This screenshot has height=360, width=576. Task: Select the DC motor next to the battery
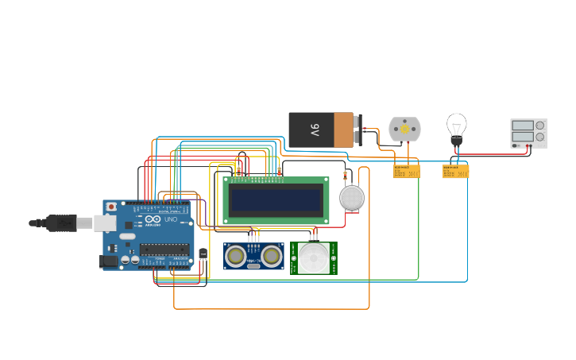[x=404, y=129]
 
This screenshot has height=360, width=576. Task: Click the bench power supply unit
[x=528, y=133]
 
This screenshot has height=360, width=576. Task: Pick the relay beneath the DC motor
[x=406, y=171]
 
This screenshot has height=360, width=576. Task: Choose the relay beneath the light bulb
[x=455, y=171]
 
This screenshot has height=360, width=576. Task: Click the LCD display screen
[x=276, y=199]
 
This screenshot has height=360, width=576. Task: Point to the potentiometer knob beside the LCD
[x=352, y=197]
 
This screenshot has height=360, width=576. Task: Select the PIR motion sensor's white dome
[x=314, y=257]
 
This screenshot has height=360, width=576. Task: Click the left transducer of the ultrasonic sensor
[x=235, y=255]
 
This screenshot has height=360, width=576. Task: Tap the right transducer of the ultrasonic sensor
[x=272, y=255]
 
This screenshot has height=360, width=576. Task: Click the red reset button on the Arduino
[x=111, y=207]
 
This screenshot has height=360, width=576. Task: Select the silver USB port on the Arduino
[x=104, y=223]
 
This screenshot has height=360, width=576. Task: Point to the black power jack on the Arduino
[x=106, y=261]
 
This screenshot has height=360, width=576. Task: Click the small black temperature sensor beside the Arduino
[x=203, y=254]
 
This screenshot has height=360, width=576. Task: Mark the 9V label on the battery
[x=315, y=130]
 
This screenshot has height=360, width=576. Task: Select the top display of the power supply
[x=523, y=126]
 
